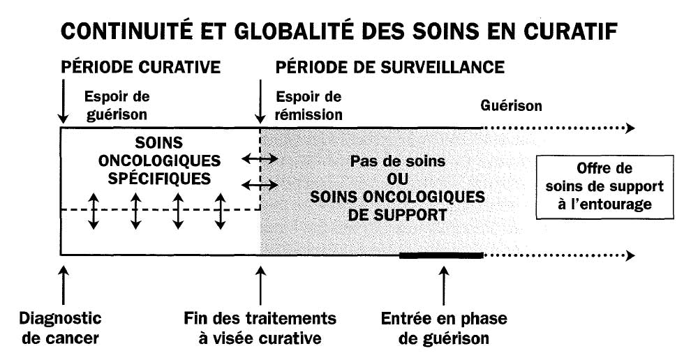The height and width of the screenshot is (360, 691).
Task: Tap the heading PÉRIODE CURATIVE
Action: point(140,67)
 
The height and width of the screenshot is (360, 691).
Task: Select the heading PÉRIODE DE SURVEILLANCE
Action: point(390,67)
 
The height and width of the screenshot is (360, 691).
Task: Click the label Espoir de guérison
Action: point(117,105)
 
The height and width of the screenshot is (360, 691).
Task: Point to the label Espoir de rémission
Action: point(309,105)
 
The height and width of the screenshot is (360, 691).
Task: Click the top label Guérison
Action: point(511,106)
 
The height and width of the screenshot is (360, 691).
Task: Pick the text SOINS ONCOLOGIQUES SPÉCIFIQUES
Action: point(159,160)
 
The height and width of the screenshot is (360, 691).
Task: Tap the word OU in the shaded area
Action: point(398,179)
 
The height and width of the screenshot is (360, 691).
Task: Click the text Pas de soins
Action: point(398,161)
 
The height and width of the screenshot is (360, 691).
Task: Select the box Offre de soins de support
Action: point(604,187)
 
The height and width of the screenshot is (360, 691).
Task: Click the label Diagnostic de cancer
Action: point(60,328)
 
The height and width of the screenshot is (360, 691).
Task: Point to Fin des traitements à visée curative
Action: point(260,328)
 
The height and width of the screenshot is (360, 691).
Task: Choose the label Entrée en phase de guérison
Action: point(444,328)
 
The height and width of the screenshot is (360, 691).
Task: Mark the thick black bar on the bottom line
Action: point(441,255)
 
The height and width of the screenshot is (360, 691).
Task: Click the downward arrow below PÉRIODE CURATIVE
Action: point(64,101)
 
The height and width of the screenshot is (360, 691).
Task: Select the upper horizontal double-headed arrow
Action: point(260,158)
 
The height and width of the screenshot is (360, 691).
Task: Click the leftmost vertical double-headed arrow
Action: point(93,211)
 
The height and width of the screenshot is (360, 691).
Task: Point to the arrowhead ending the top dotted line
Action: point(631,128)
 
